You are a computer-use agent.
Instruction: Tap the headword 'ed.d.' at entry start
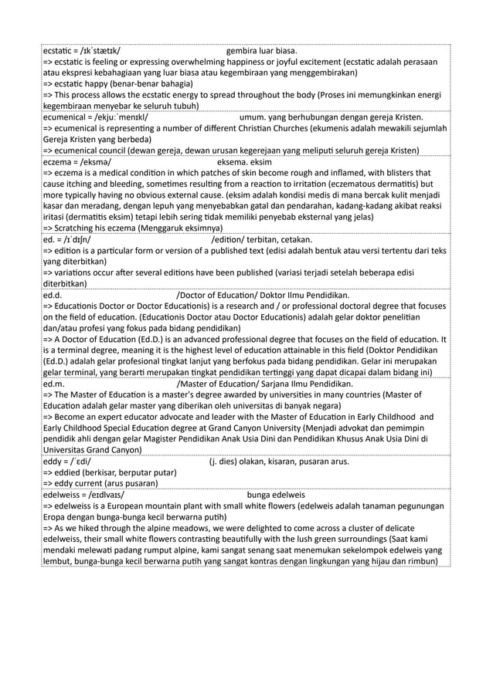coord(53,294)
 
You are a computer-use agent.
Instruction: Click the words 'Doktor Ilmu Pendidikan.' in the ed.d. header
coord(305,294)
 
